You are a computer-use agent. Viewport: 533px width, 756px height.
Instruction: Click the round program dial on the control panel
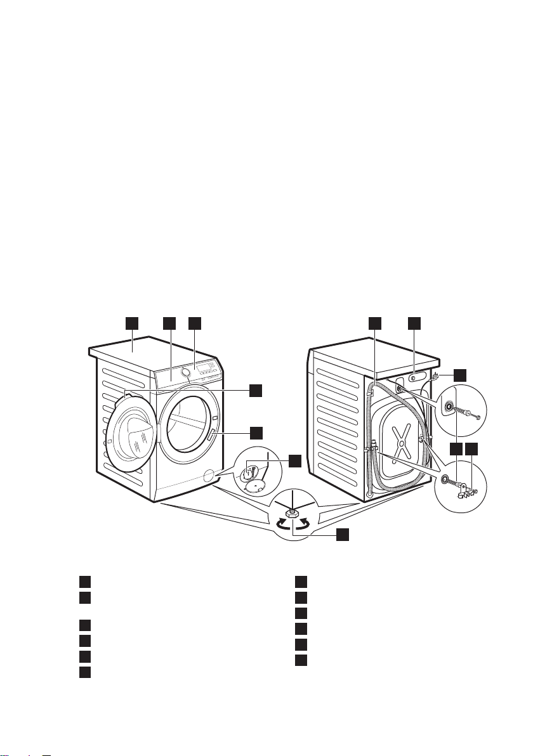coord(186,372)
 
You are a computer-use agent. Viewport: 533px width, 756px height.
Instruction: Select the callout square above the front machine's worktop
coord(131,323)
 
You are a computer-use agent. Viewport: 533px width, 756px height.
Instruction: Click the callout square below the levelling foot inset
coord(342,535)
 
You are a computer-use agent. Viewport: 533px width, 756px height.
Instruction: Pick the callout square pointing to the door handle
coord(255,433)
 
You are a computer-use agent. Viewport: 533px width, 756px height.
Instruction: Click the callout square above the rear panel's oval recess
coord(414,323)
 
